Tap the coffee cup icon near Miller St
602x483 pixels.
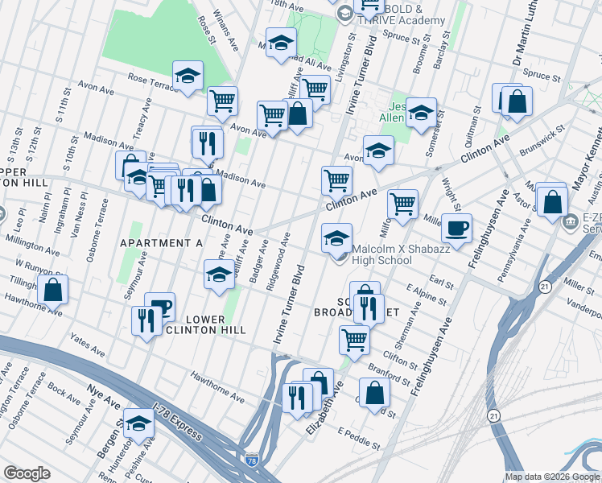pyautogui.click(x=456, y=229)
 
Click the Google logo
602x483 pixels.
pyautogui.click(x=27, y=473)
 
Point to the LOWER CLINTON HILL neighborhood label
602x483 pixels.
pyautogui.click(x=194, y=324)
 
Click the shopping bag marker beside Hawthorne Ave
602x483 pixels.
pyautogui.click(x=52, y=290)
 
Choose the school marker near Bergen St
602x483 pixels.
pyautogui.click(x=138, y=424)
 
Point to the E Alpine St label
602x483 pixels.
pyautogui.click(x=426, y=290)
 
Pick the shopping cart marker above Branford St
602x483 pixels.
pyautogui.click(x=353, y=340)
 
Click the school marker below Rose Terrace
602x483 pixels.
pyautogui.click(x=188, y=77)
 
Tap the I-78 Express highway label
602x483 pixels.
pyautogui.click(x=176, y=423)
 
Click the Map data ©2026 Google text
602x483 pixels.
pyautogui.click(x=552, y=477)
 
